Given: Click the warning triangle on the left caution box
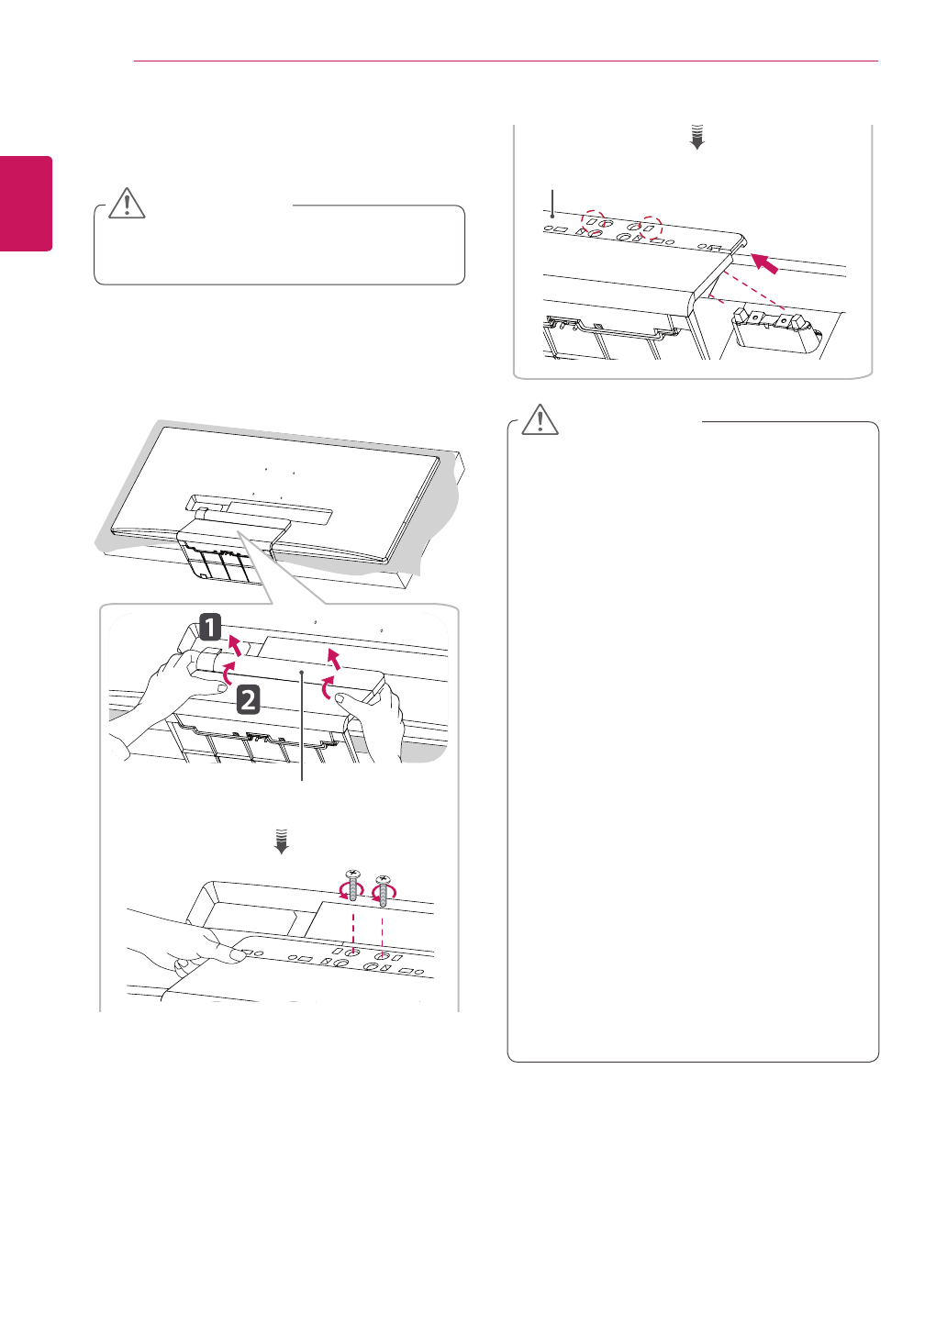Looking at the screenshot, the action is point(128,204).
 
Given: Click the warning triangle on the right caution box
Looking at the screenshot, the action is point(540,419).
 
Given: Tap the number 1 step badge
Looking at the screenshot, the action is point(210,627).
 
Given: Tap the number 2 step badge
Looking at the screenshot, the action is point(249,699).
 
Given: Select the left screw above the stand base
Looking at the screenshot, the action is point(353,886).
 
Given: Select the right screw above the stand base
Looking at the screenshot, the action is point(382,887).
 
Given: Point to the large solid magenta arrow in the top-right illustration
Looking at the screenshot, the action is point(764,263).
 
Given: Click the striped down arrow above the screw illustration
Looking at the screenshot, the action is point(282,841).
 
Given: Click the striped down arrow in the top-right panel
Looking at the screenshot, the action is point(697,137).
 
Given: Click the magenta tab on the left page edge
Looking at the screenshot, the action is point(26,204).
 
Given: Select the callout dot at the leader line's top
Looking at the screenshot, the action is point(303,673).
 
